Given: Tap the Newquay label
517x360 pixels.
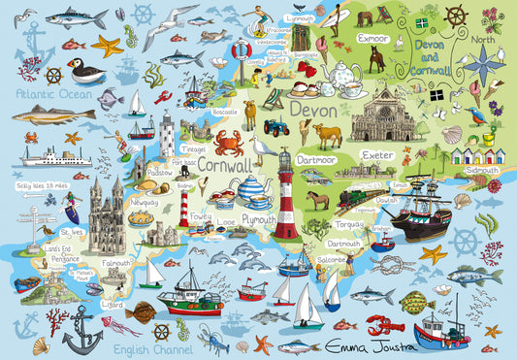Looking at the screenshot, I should (x=145, y=203).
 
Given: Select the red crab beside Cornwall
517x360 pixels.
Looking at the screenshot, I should (x=229, y=144).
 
